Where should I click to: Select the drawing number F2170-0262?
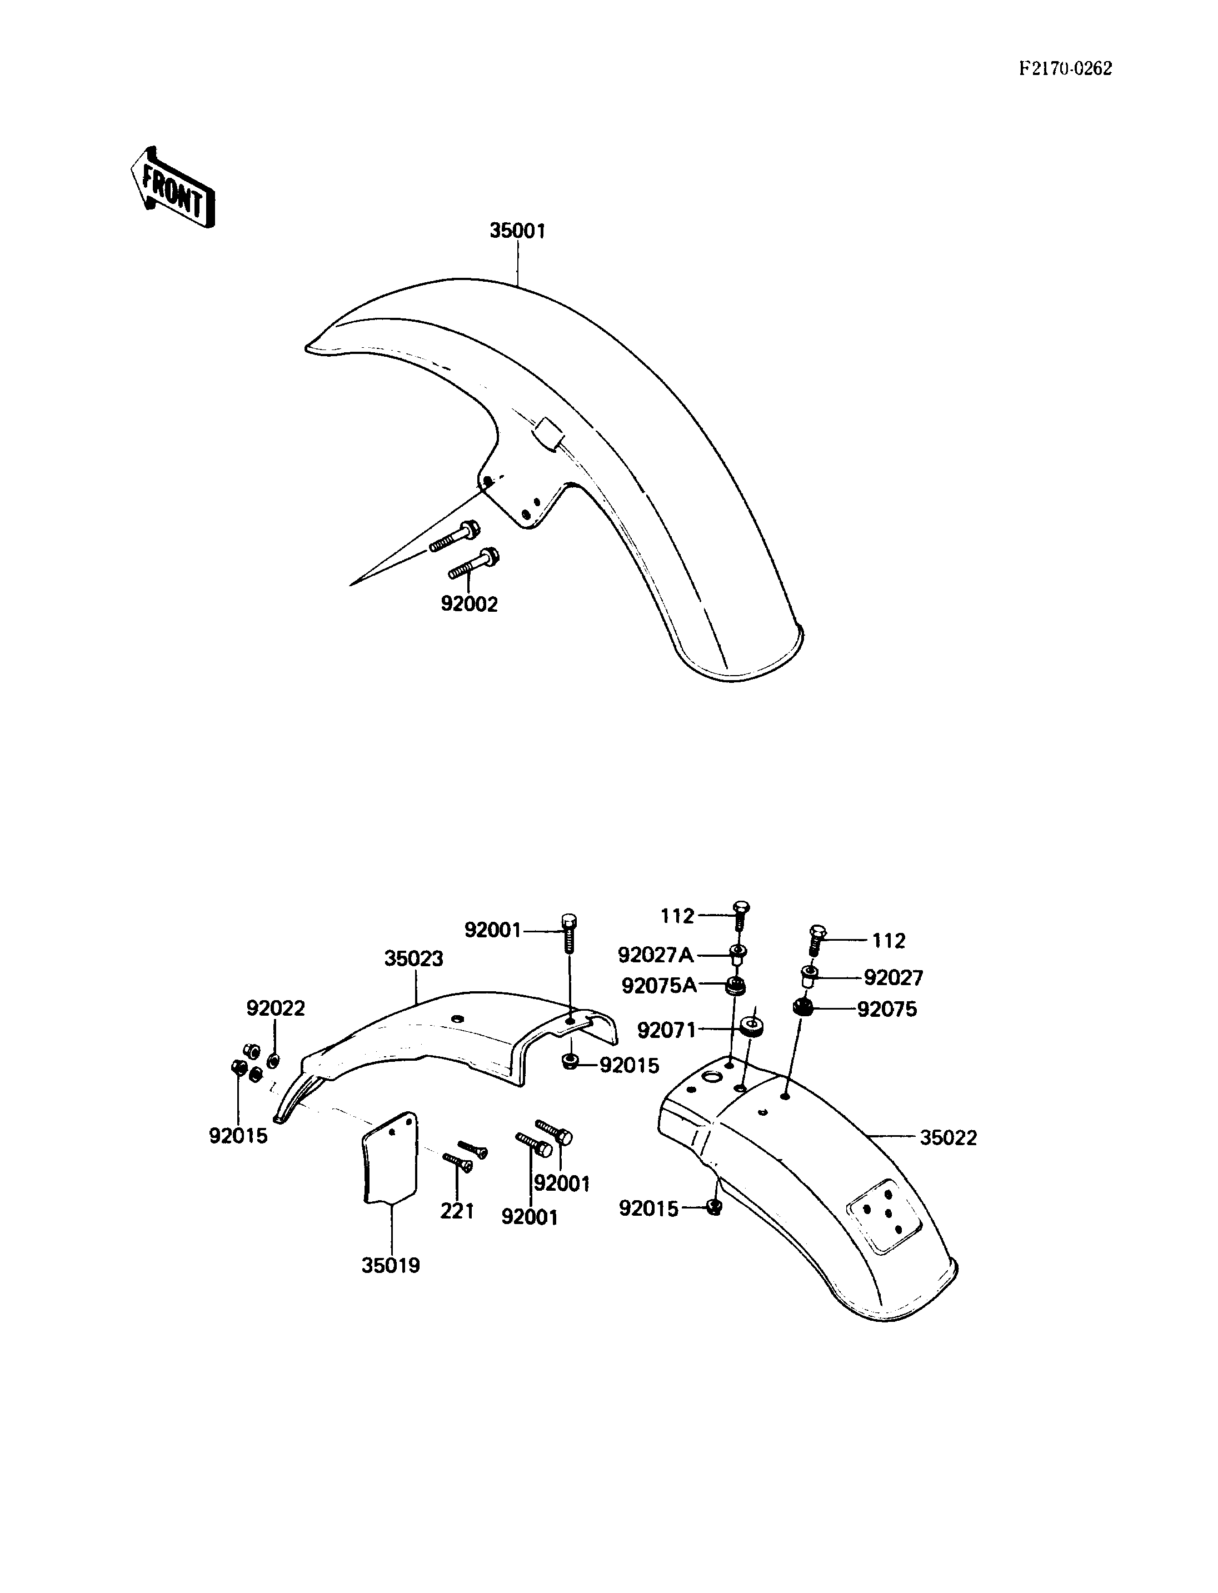coord(1065,69)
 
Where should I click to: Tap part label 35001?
coord(518,231)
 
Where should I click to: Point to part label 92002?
coord(470,604)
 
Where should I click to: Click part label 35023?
coord(413,958)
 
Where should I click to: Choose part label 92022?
coord(276,1008)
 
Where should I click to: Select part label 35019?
coord(391,1266)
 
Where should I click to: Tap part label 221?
coord(457,1210)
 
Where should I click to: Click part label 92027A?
coord(656,956)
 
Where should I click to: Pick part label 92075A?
coord(659,986)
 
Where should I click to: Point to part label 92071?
coord(666,1030)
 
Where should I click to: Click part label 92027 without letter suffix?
coord(894,978)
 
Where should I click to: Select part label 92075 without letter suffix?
coord(887,1010)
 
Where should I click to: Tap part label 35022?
coord(949,1137)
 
